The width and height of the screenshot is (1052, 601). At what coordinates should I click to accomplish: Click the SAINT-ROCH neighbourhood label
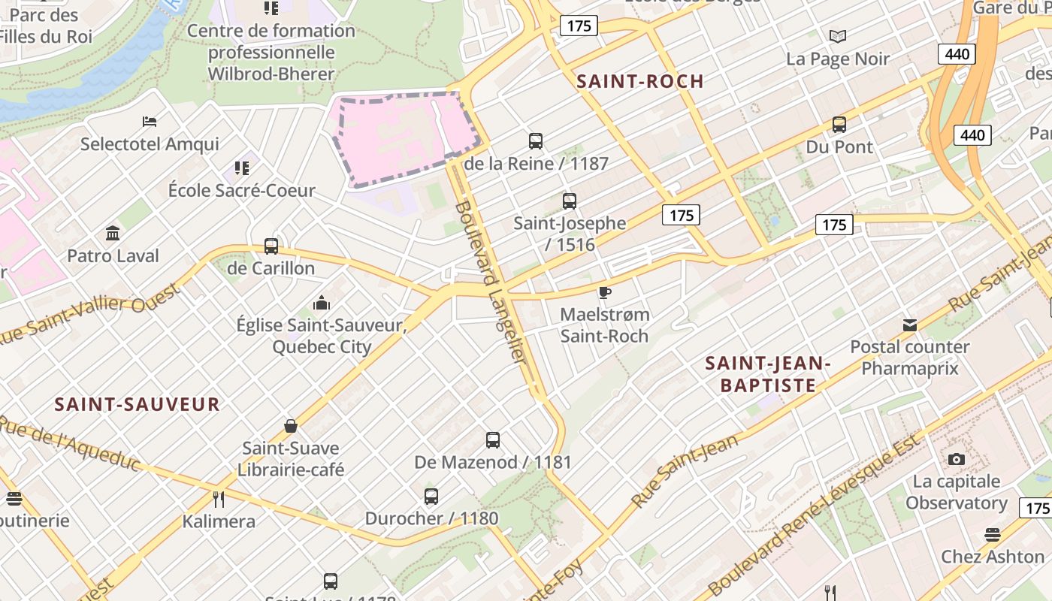(x=639, y=81)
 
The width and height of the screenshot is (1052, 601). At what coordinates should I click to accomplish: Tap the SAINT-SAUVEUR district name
(x=137, y=404)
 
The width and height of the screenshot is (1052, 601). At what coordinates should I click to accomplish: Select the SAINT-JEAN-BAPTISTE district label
(x=767, y=374)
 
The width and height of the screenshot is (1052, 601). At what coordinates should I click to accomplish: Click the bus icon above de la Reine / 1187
(x=536, y=140)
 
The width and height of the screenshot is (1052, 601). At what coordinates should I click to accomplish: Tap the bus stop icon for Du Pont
(x=839, y=125)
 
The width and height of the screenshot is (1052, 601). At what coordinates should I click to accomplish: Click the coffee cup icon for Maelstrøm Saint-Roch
(x=605, y=292)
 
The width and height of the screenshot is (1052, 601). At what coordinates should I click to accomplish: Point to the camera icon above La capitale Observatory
(x=956, y=459)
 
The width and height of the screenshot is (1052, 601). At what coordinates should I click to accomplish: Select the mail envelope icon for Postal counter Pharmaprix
(x=910, y=325)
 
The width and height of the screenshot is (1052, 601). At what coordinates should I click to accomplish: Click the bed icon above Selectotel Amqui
(x=150, y=122)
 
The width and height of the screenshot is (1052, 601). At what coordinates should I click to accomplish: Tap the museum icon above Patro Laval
(x=113, y=234)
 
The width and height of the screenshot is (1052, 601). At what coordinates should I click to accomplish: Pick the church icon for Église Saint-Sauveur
(x=322, y=304)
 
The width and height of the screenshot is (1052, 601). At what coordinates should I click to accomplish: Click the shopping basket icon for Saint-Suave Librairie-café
(x=291, y=426)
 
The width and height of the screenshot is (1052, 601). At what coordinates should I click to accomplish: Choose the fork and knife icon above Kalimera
(x=219, y=499)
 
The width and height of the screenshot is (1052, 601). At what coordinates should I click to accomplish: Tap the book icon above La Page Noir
(x=838, y=36)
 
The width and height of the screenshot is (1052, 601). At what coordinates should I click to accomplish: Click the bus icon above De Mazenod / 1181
(x=493, y=440)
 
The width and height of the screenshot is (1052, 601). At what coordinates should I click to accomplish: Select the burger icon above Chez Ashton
(x=993, y=535)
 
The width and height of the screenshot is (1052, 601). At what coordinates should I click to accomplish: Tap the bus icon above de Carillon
(x=271, y=246)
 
